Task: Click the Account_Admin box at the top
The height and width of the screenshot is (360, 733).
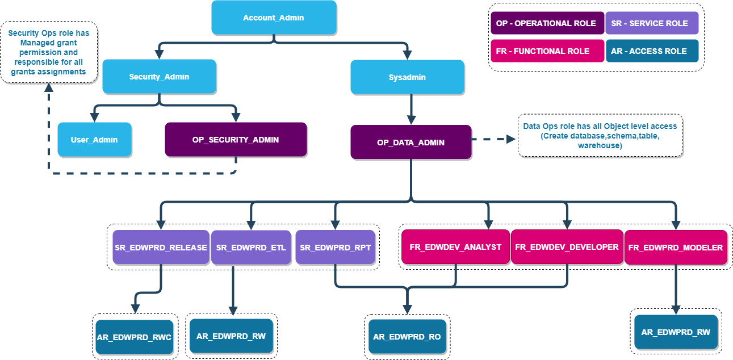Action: (x=274, y=17)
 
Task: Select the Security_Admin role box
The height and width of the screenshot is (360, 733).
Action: (x=159, y=76)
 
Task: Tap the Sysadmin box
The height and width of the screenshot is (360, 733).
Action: (x=407, y=77)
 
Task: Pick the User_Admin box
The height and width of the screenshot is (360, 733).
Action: (x=94, y=139)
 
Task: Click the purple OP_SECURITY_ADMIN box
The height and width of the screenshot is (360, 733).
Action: (x=236, y=139)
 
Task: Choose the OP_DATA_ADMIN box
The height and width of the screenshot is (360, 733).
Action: (x=411, y=142)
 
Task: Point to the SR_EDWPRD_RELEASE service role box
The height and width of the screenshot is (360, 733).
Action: (x=161, y=247)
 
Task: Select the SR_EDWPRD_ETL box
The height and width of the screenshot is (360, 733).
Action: (x=251, y=247)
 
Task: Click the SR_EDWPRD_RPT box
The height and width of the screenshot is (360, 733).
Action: (x=335, y=247)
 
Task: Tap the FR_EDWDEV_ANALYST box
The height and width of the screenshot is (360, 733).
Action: (x=456, y=247)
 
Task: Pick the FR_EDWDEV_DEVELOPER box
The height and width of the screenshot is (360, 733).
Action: (x=567, y=247)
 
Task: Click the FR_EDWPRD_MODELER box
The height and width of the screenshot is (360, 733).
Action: (x=676, y=247)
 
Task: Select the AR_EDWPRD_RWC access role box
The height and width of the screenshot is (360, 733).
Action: (x=134, y=337)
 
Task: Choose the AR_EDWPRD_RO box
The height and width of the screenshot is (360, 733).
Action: (x=407, y=337)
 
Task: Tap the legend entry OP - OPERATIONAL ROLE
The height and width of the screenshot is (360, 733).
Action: (x=547, y=23)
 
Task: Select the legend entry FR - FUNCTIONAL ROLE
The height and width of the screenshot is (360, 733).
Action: (x=547, y=51)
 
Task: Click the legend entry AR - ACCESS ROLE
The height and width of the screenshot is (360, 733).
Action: (x=652, y=51)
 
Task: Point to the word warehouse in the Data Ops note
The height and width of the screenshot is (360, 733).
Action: (x=599, y=145)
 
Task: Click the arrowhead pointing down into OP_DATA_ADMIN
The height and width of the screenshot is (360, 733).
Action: (x=411, y=119)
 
